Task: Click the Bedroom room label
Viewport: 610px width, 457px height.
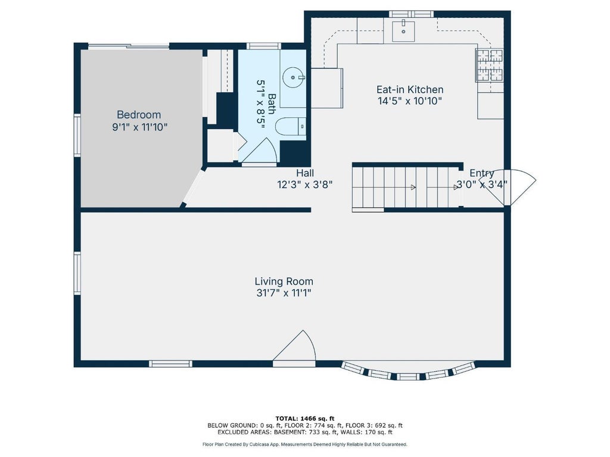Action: (x=139, y=115)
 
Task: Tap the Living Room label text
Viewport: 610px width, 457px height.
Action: (x=284, y=281)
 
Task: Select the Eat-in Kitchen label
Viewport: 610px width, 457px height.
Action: (x=410, y=89)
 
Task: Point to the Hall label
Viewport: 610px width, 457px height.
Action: (x=305, y=173)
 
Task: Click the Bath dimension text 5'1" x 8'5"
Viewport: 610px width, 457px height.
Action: (x=261, y=102)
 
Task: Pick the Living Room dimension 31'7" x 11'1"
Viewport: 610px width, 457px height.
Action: (x=284, y=293)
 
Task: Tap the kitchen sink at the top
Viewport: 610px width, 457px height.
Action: (x=403, y=31)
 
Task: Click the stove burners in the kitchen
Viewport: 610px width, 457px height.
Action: (x=490, y=65)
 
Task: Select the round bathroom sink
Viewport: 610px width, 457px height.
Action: (x=293, y=78)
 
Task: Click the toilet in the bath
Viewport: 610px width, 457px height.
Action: (x=291, y=126)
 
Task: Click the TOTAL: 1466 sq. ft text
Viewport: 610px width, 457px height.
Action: (x=305, y=418)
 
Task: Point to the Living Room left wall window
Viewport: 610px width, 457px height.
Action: (x=77, y=273)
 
